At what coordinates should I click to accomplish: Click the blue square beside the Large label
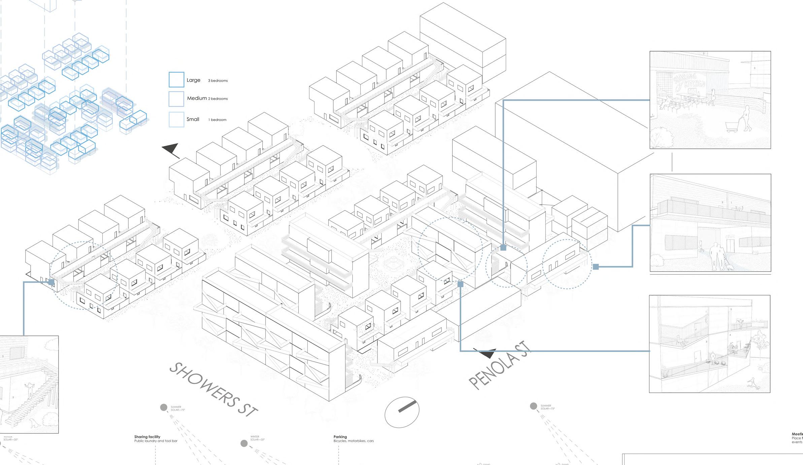(176, 80)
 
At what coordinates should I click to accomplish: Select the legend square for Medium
(176, 99)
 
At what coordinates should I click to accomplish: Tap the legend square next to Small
(176, 119)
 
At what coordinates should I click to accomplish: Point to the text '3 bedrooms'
(218, 81)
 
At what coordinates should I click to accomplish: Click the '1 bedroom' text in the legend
(217, 120)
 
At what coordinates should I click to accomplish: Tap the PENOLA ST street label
(499, 365)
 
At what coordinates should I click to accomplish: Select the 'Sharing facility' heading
(147, 437)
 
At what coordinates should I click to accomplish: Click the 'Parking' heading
(340, 437)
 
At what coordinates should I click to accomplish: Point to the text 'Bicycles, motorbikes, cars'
(354, 441)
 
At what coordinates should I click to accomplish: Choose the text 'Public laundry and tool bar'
(156, 441)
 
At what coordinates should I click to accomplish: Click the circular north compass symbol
(402, 412)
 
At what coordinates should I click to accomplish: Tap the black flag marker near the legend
(171, 150)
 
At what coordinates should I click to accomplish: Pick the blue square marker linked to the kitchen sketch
(503, 248)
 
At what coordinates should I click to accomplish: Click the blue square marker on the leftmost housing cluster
(51, 282)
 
